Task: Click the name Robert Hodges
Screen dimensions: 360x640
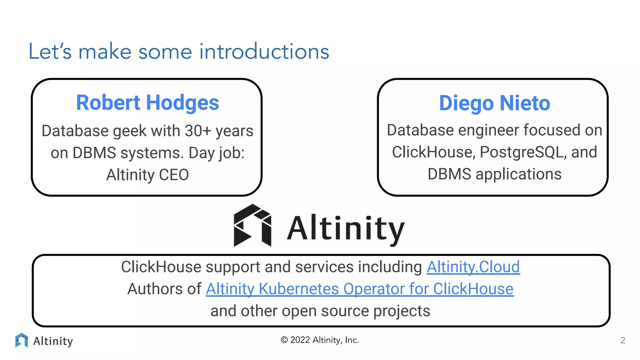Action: [x=147, y=103]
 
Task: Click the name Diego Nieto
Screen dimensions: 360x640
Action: [x=494, y=103]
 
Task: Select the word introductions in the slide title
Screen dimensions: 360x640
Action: [x=264, y=52]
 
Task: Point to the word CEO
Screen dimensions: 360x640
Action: [x=174, y=175]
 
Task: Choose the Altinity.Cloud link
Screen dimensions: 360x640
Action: [x=473, y=267]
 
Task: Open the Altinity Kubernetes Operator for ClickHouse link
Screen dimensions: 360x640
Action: [x=359, y=289]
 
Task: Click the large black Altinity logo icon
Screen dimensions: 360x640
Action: [x=252, y=226]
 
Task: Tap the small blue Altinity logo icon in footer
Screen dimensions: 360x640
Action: [x=21, y=340]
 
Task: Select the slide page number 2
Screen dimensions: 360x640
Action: [x=622, y=340]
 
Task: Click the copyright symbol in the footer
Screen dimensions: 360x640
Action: [x=284, y=340]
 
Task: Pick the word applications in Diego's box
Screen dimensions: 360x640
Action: [x=518, y=174]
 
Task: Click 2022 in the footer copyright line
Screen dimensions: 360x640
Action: [x=300, y=340]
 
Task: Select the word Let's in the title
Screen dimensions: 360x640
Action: [x=50, y=52]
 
